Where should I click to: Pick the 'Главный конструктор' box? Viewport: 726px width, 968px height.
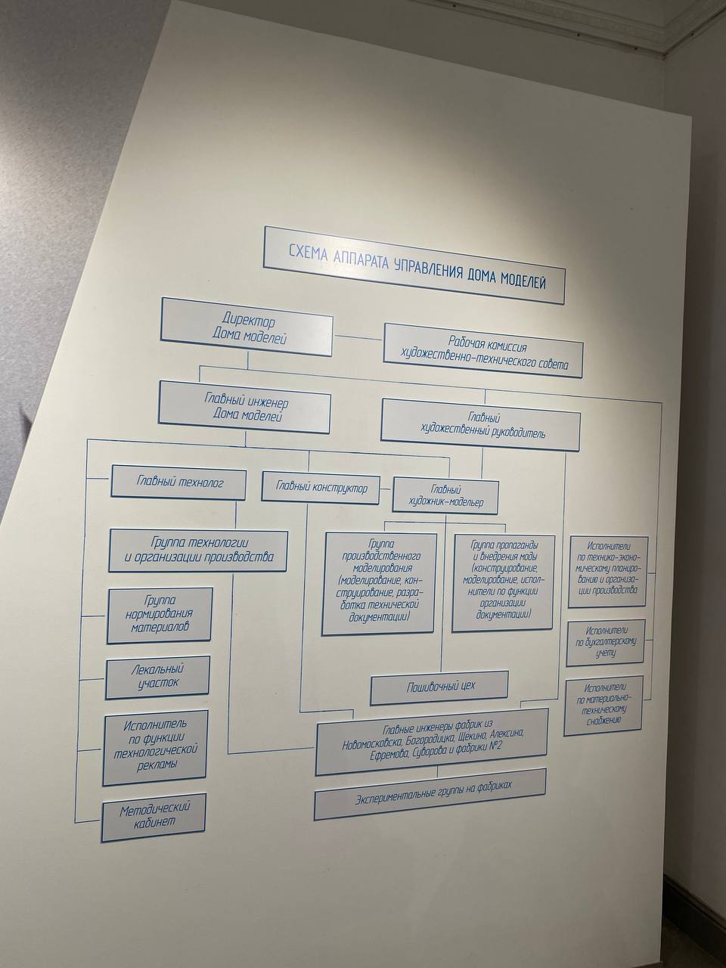322,489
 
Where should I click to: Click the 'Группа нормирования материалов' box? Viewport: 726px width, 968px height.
159,615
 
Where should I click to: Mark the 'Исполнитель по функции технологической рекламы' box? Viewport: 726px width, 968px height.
156,745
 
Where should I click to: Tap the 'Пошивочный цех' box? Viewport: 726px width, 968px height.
439,689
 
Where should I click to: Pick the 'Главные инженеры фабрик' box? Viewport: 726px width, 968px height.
432,740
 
